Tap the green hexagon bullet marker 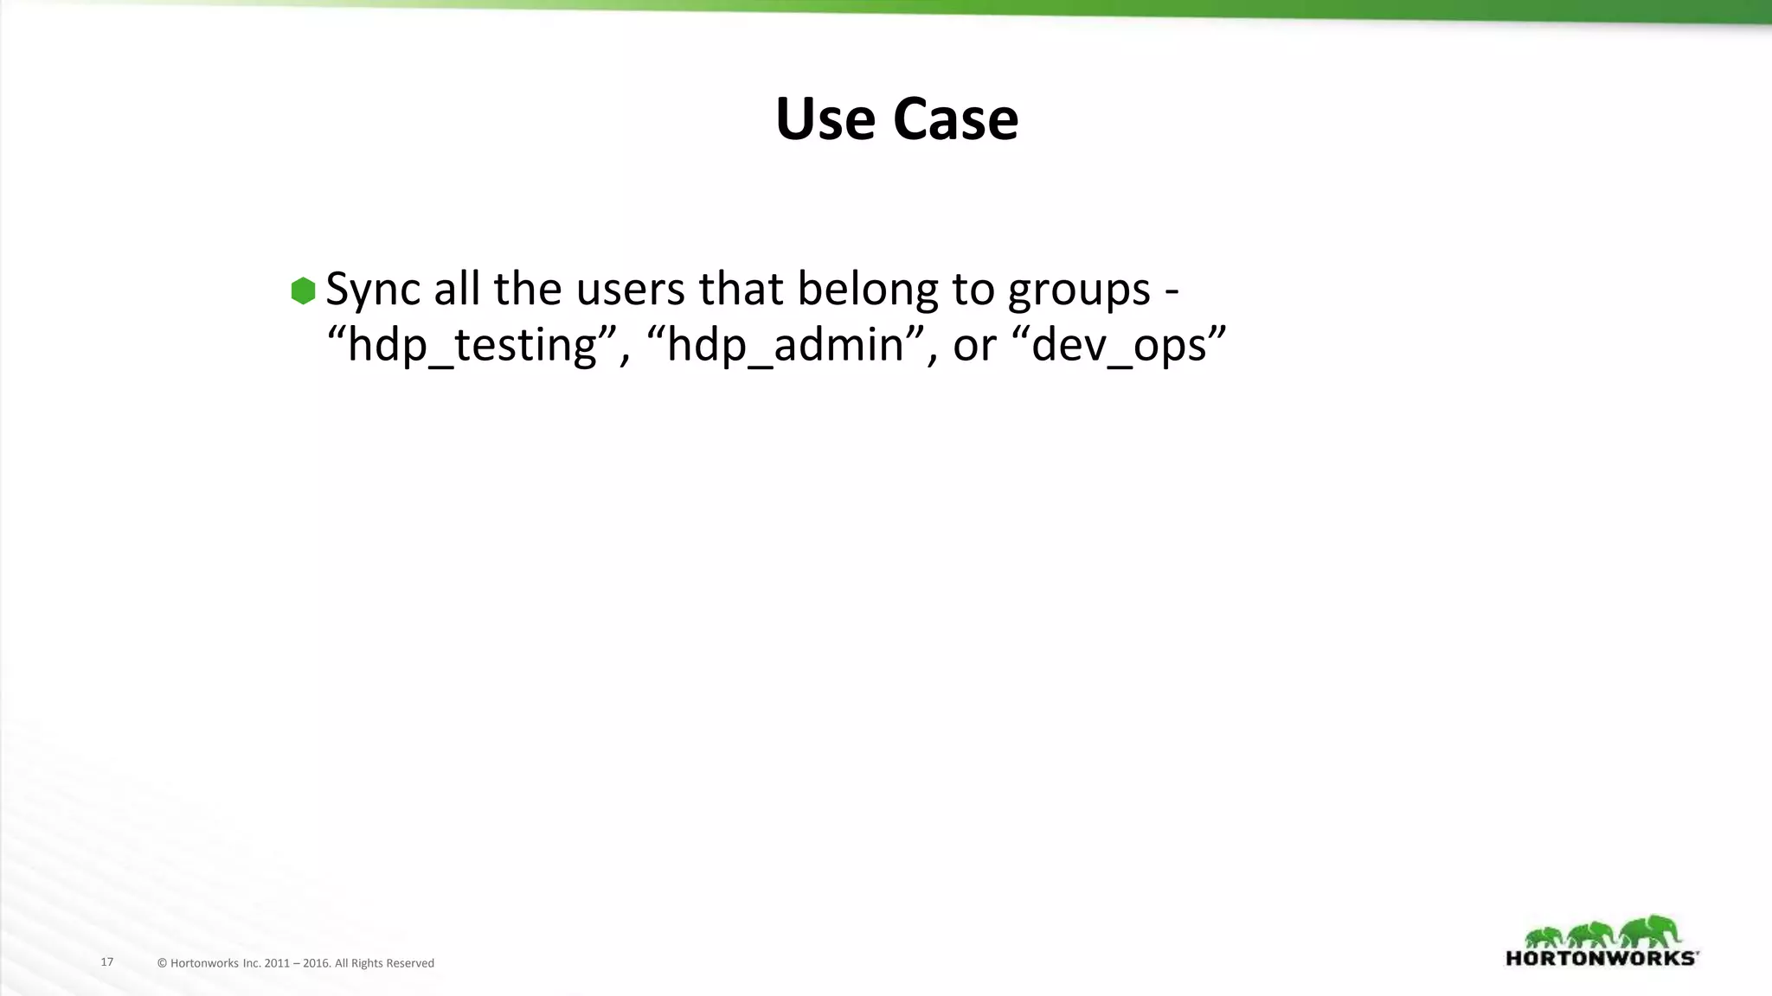coord(303,290)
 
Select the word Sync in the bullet coord(373,290)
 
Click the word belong coord(867,290)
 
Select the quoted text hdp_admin coord(785,345)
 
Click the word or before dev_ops coord(974,345)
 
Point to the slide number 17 coord(107,962)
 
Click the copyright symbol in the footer coord(162,963)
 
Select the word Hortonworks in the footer coord(204,963)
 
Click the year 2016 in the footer coord(316,963)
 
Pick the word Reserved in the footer coord(410,963)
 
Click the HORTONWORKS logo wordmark coord(1602,958)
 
